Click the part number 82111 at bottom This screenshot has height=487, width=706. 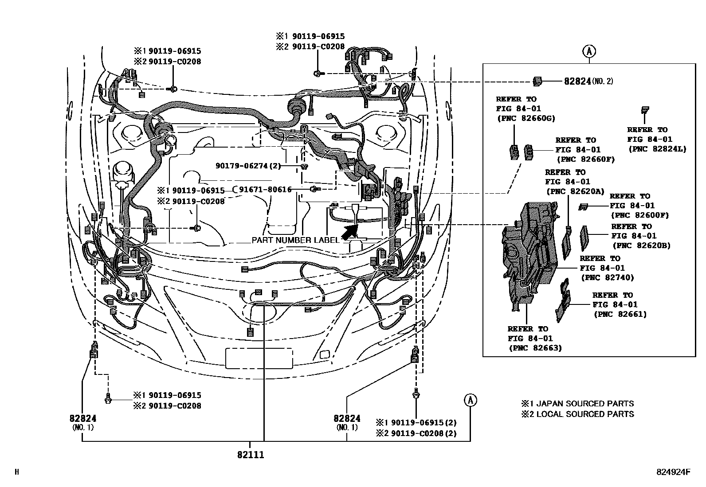coord(251,455)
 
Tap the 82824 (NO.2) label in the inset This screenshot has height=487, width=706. coord(588,81)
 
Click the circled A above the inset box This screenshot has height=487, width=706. coord(589,51)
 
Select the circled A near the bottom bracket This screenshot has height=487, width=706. coord(470,400)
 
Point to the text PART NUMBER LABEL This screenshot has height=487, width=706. coord(295,240)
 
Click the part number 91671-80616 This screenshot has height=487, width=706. coord(265,190)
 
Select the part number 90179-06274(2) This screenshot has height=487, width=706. coord(248,166)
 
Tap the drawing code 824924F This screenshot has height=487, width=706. coord(673,471)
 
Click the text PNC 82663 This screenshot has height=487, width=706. coord(535,348)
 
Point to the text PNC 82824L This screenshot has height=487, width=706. coord(657,149)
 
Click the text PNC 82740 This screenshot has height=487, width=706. coord(608,277)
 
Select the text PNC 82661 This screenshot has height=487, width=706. coord(620,314)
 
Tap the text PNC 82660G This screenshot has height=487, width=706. coord(526,118)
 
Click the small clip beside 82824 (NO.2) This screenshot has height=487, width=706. coord(537,81)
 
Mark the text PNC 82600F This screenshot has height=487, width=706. coord(639,215)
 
